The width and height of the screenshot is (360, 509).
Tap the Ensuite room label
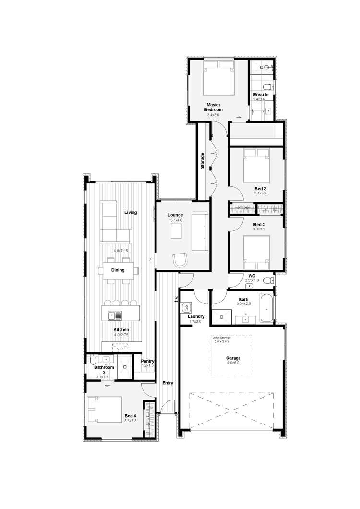[261, 95]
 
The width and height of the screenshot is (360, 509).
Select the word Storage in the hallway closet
[203, 160]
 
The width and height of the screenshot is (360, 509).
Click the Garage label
[233, 358]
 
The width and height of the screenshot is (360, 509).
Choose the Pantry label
[147, 361]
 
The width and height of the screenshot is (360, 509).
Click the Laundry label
[196, 316]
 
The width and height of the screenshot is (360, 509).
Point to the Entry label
[168, 383]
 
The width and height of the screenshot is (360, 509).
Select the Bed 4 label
[130, 416]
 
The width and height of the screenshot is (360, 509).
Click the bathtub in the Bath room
[266, 307]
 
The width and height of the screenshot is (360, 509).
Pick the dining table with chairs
[118, 270]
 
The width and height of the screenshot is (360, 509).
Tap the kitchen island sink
[115, 315]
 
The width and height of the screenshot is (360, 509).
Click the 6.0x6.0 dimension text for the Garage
[233, 363]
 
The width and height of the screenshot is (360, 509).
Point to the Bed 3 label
[259, 225]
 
